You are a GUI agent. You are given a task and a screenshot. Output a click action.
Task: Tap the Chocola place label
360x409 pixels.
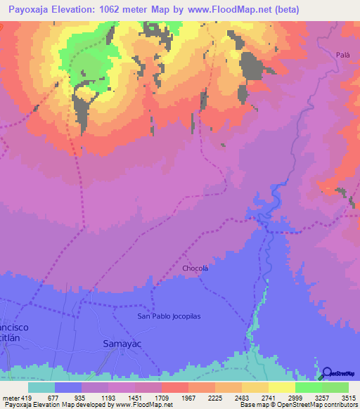pyautogui.click(x=195, y=268)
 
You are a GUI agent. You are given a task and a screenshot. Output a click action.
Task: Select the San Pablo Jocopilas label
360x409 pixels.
pyautogui.click(x=169, y=316)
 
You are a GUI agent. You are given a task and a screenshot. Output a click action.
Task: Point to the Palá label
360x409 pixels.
pyautogui.click(x=342, y=54)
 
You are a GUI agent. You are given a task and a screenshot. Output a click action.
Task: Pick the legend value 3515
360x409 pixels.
pyautogui.click(x=348, y=397)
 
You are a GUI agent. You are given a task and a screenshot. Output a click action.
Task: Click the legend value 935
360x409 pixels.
pyautogui.click(x=81, y=397)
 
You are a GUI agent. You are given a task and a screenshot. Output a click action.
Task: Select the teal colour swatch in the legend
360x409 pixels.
pyautogui.click(x=41, y=387)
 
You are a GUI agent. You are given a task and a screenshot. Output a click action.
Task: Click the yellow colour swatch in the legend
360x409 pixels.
pyautogui.click(x=281, y=387)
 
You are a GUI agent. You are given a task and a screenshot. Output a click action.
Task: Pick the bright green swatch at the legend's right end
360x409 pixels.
pyautogui.click(x=335, y=387)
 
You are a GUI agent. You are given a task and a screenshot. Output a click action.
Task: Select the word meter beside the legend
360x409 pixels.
pyautogui.click(x=11, y=397)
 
